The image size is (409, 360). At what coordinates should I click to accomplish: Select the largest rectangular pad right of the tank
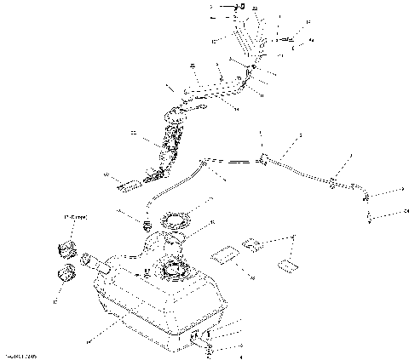[226, 253]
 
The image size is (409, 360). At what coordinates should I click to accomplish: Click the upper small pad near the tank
[253, 244]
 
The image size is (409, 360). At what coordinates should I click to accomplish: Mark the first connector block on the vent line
[265, 157]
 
